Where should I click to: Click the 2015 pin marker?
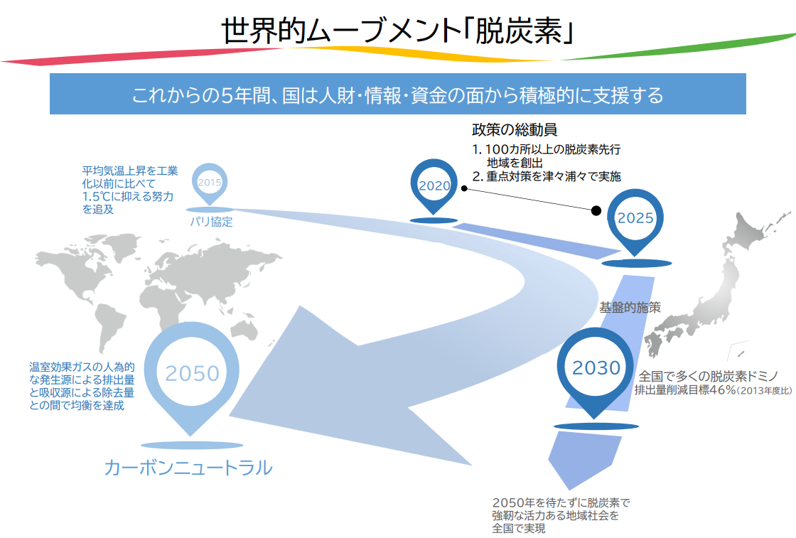click(x=210, y=183)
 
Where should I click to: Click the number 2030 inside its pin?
click(x=596, y=367)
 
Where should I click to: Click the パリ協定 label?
click(x=211, y=222)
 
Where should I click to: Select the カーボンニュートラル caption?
click(x=188, y=468)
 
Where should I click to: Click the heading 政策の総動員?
click(x=514, y=131)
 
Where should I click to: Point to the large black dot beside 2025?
click(x=596, y=210)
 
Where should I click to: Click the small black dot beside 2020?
click(x=463, y=188)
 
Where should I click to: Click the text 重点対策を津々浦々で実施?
click(x=554, y=176)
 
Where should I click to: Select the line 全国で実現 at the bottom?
click(x=518, y=528)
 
